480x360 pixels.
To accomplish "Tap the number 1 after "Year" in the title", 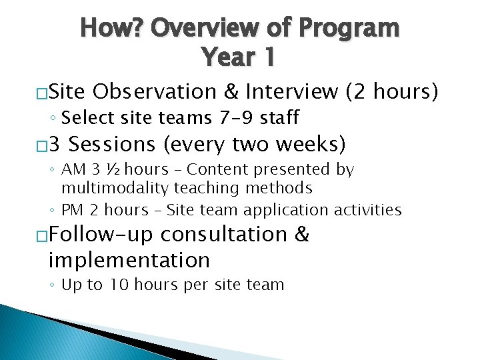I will point(267,57).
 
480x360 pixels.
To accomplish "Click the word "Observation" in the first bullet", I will point(155,91).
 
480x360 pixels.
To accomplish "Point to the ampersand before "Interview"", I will point(232,91).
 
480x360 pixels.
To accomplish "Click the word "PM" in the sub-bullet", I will point(71,211).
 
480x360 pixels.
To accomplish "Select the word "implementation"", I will point(129,259).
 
